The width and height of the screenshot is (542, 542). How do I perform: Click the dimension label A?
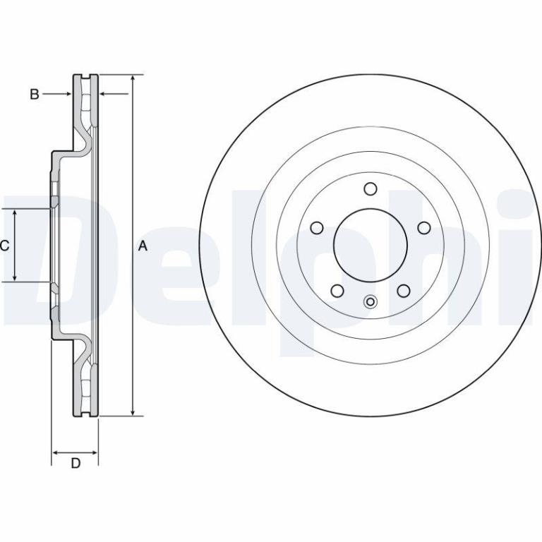(x=143, y=246)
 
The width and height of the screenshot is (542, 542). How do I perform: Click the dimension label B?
(x=34, y=94)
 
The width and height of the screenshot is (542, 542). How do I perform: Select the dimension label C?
(x=4, y=246)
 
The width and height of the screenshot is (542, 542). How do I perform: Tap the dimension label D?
(x=76, y=463)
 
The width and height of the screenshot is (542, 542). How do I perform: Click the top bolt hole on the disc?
(x=371, y=189)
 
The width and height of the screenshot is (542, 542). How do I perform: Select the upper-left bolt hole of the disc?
(x=317, y=228)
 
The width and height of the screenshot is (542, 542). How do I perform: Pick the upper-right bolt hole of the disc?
(x=424, y=228)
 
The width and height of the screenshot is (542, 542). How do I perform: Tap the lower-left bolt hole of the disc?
(x=337, y=291)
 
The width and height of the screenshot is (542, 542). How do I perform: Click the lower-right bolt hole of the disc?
(x=404, y=291)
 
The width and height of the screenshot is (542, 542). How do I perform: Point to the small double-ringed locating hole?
(x=371, y=302)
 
